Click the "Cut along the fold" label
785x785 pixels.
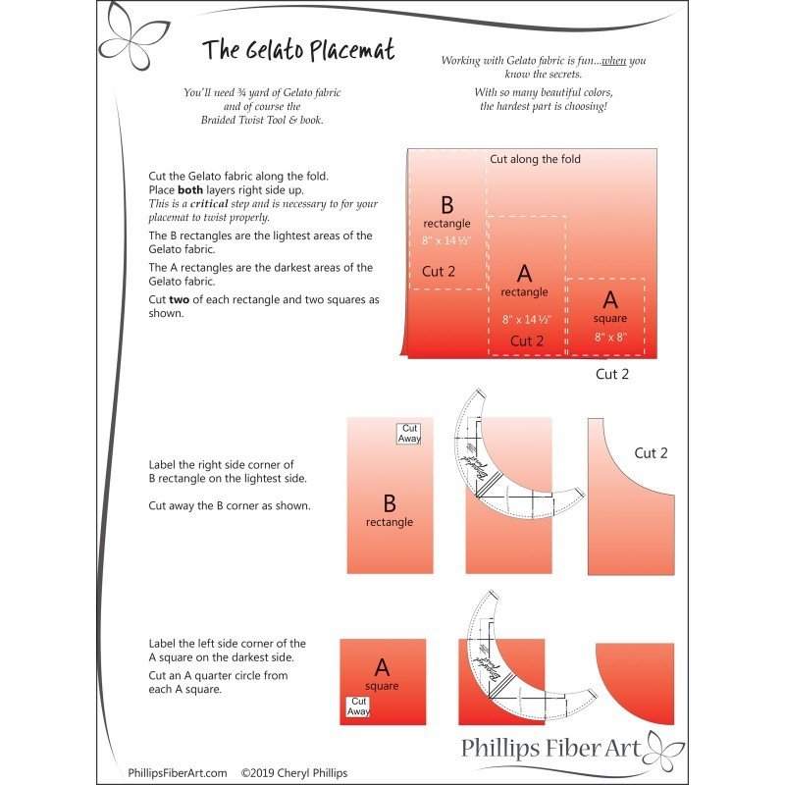535,159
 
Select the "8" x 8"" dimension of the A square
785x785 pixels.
609,337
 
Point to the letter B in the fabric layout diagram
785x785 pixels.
446,205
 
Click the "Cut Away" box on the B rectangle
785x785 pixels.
409,433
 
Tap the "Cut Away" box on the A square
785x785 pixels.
359,706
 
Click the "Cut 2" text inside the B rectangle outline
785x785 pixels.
439,271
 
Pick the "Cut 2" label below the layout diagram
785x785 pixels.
612,374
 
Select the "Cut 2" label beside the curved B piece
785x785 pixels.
651,453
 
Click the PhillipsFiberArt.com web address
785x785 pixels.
178,773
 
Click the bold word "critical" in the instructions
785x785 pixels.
209,204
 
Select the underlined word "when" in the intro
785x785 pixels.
614,61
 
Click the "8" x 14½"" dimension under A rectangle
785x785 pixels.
527,320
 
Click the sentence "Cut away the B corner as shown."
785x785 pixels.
229,506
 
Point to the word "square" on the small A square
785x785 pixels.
382,686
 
